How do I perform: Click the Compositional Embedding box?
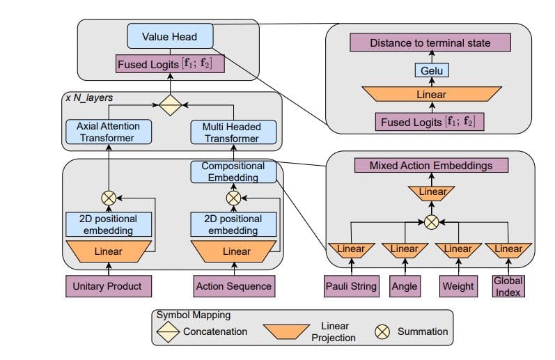point(233,172)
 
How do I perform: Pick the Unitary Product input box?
point(107,285)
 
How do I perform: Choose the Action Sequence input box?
point(233,285)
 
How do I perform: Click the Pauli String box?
point(351,285)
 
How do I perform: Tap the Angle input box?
point(404,285)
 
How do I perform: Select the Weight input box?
point(458,285)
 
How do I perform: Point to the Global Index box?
point(508,285)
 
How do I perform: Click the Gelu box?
point(430,70)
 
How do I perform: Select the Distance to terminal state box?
point(430,43)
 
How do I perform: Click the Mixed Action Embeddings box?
point(430,166)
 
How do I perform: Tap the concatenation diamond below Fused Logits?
point(170,105)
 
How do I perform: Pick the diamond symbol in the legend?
point(169,331)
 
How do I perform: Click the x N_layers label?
point(88,98)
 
